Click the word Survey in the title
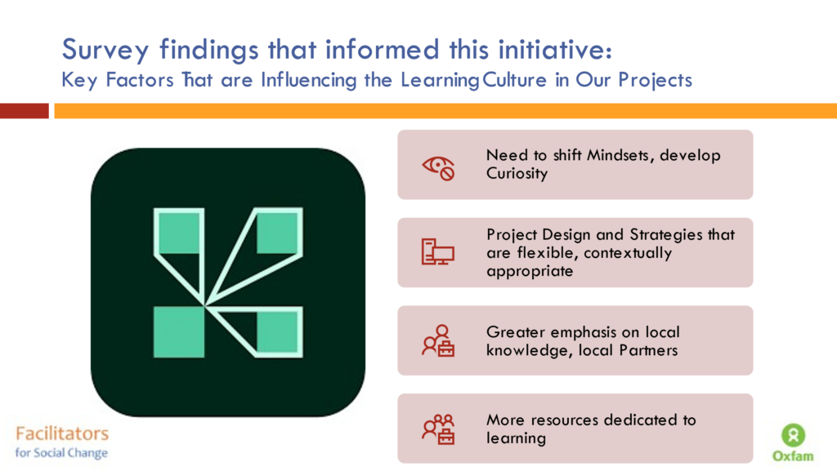point(105,51)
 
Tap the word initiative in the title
point(555,50)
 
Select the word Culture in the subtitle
point(515,80)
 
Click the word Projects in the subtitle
point(655,81)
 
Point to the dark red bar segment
point(24,111)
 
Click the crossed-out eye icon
point(438,168)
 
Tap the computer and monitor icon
point(438,252)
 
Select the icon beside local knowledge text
point(438,340)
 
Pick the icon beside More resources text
point(438,429)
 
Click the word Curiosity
point(517,174)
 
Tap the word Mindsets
point(619,155)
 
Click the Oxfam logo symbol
point(793,435)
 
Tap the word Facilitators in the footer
point(62,433)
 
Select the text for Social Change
point(61,453)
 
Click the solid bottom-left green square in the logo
point(179,331)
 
